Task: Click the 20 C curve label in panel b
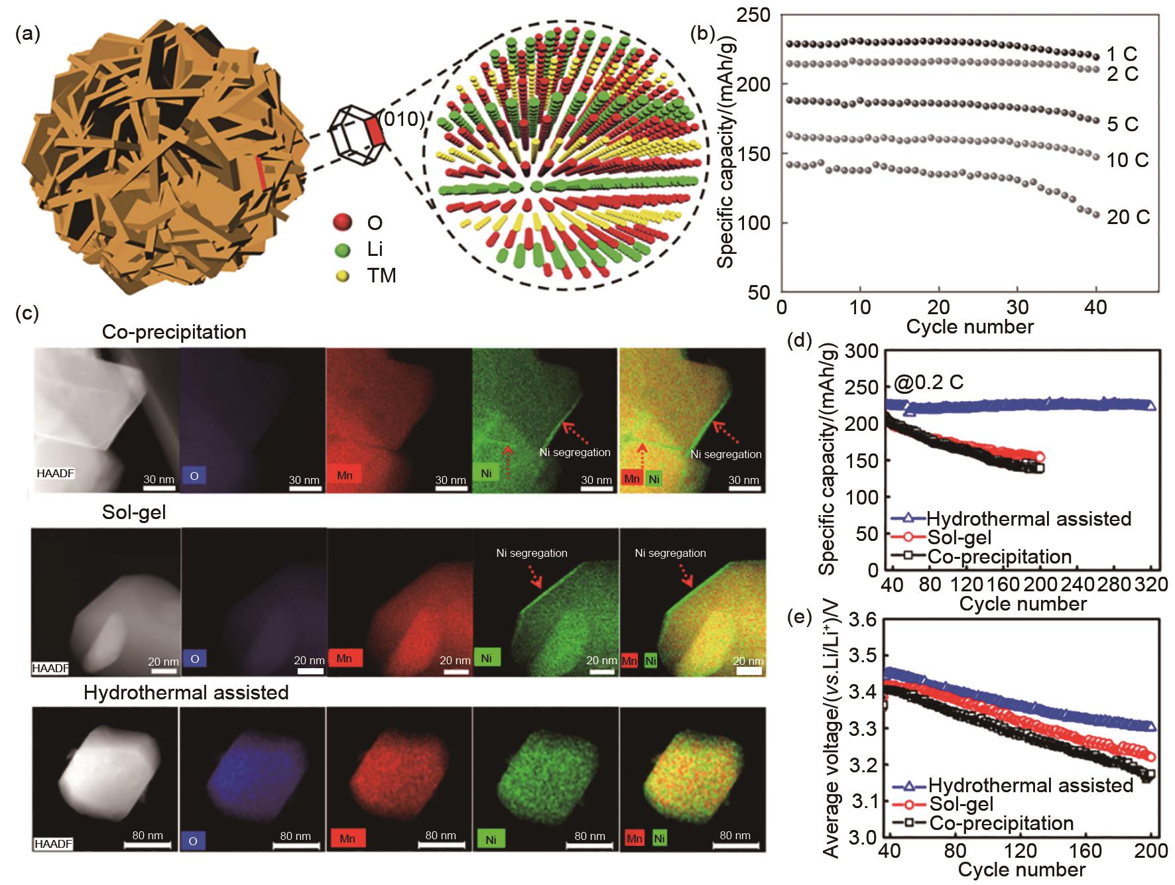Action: pyautogui.click(x=1128, y=217)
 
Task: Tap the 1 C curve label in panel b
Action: pyautogui.click(x=1122, y=54)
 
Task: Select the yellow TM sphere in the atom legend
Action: pyautogui.click(x=343, y=274)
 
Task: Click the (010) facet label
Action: pyautogui.click(x=402, y=119)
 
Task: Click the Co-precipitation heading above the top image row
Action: pyautogui.click(x=174, y=331)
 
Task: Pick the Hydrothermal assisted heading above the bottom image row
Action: pyautogui.click(x=186, y=693)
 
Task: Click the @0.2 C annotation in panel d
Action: pyautogui.click(x=928, y=383)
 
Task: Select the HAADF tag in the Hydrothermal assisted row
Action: pyautogui.click(x=51, y=843)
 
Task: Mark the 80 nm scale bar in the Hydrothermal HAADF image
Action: pyautogui.click(x=147, y=845)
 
